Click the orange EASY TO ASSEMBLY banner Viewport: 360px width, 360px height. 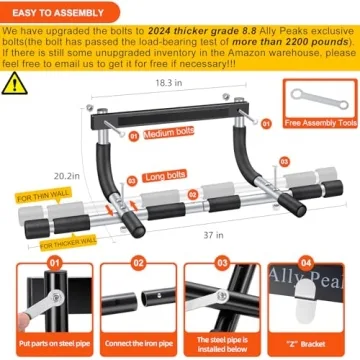(x=57, y=11)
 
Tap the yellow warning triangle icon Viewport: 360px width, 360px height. (x=13, y=82)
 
